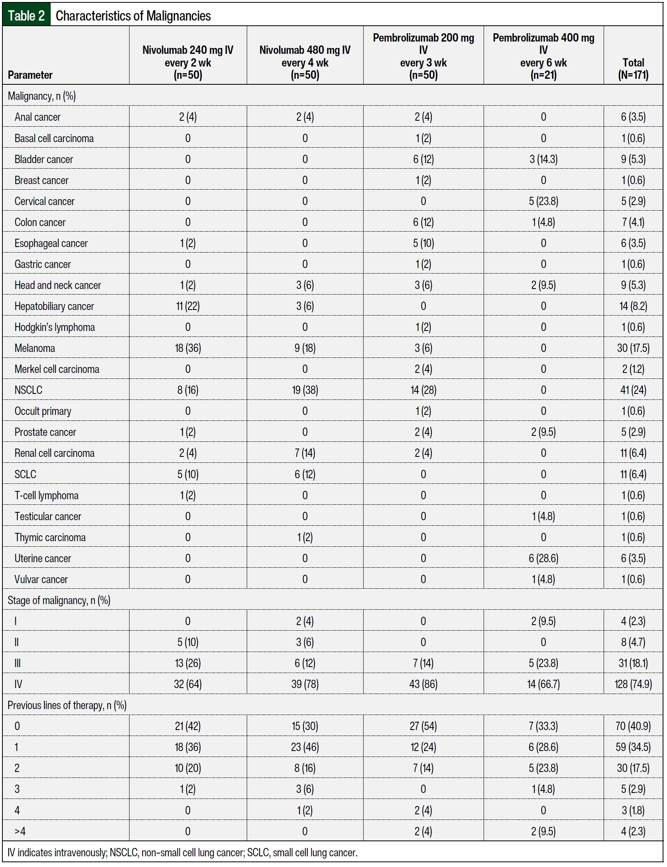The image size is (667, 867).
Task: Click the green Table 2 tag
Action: tap(26, 15)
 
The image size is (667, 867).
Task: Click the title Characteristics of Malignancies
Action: tap(133, 16)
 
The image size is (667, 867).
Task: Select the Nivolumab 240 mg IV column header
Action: tap(188, 62)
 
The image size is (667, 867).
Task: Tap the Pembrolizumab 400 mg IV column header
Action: tap(543, 56)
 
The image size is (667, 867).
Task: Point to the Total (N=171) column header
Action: tap(633, 68)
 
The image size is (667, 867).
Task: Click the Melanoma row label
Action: tap(35, 348)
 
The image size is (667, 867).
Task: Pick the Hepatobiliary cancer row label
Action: tap(54, 306)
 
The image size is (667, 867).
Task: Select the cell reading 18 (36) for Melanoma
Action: tap(188, 348)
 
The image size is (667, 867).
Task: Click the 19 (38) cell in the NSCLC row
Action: tap(305, 390)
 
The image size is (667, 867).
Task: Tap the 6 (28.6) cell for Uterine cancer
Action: tap(543, 558)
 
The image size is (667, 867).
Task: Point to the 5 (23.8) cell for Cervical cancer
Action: tap(543, 201)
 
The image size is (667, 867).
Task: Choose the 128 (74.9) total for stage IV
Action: tap(633, 684)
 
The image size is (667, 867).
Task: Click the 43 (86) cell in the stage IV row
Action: tap(423, 684)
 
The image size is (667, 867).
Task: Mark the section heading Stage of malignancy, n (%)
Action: tap(59, 600)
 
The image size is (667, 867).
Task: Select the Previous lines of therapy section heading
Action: tap(67, 705)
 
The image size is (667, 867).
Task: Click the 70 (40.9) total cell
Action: tap(633, 726)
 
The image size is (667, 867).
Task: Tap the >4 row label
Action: tap(20, 831)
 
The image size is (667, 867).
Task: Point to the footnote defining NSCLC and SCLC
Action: tap(182, 852)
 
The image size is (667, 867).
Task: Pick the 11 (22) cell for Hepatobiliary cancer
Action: tap(188, 306)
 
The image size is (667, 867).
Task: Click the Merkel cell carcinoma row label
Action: tap(57, 369)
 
